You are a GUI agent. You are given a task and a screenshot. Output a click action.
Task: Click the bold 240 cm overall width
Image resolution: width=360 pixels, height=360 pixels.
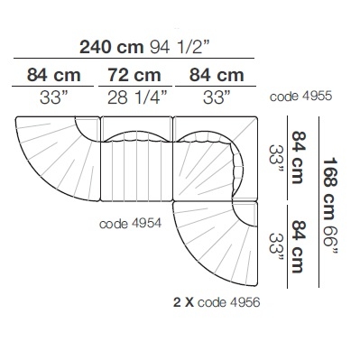coord(111,47)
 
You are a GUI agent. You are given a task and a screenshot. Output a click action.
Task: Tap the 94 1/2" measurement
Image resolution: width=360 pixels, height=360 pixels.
coord(180,47)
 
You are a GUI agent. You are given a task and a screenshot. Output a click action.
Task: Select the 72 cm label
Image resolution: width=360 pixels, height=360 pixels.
coord(134,75)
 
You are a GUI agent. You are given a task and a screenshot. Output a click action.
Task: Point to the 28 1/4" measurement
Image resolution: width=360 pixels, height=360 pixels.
coord(137,97)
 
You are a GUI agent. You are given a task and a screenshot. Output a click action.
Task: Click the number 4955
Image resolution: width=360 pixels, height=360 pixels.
coord(317,97)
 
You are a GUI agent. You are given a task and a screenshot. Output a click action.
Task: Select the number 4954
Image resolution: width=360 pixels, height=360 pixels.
coord(146,224)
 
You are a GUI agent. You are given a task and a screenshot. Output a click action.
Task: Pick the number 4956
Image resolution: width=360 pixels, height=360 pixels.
coord(245,302)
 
